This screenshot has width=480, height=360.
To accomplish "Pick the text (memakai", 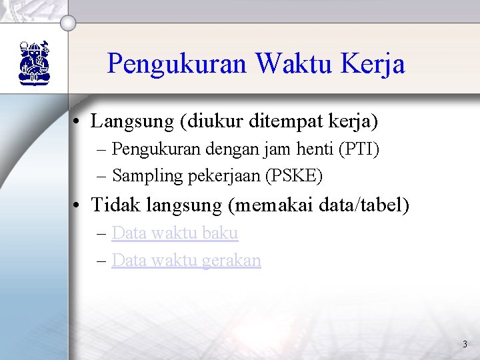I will [267, 205].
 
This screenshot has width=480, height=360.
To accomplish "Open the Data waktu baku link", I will [175, 233].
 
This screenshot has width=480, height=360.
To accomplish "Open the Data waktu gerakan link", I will [186, 260].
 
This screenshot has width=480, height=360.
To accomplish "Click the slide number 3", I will [465, 345].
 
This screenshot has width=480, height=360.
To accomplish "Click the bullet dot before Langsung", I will [79, 122].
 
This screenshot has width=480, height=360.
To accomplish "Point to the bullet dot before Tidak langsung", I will [79, 205].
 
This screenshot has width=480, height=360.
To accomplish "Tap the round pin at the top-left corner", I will [67, 24].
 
